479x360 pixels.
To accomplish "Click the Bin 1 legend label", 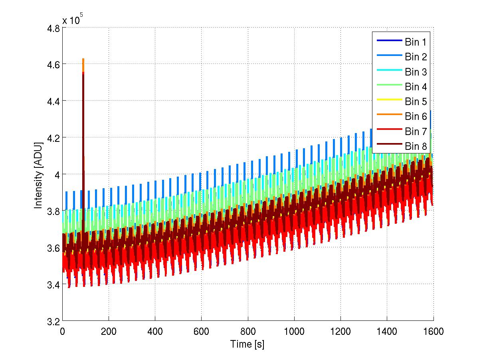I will coord(416,42).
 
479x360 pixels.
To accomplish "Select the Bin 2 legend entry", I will coord(416,57).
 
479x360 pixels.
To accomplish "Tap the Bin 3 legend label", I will coord(416,72).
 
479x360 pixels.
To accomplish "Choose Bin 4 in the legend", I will coord(416,87).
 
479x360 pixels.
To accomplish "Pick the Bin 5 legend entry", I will coord(416,102).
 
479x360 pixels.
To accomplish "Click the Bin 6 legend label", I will coord(416,117).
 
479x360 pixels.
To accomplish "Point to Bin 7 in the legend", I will coord(416,131).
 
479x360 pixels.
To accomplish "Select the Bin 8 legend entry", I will coord(416,147).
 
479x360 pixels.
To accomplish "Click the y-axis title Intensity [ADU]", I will coord(38,174).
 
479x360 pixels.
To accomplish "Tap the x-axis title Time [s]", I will coord(247,344).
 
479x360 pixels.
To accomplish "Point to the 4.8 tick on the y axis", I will coord(53,29).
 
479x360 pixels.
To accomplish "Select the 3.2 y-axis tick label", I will coord(53,322).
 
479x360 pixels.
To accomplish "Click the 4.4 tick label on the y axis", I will coord(53,102).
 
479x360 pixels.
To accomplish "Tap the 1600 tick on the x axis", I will coord(433,331).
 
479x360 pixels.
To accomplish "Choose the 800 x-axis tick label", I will coord(248,331).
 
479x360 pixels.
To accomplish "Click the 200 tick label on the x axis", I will coord(109,331).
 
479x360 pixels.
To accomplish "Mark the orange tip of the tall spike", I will coord(83,60).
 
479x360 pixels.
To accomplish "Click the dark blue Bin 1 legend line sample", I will coord(388,42).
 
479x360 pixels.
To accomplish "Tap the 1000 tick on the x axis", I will coord(294,331).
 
